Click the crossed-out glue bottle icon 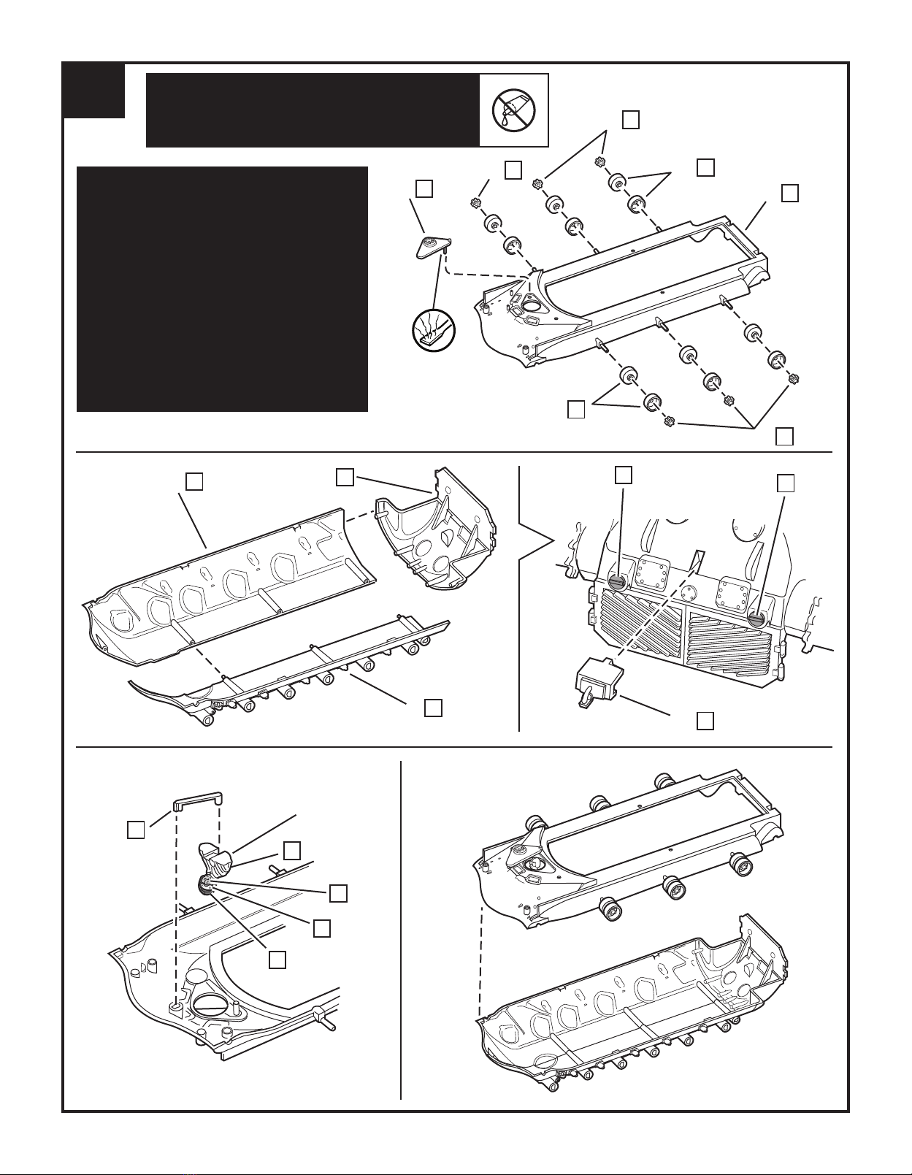[513, 110]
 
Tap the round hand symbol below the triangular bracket [433, 330]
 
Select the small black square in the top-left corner [93, 91]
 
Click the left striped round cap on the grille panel [617, 581]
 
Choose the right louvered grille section [731, 647]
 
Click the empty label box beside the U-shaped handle [135, 830]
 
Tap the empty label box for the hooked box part [705, 721]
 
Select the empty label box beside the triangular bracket [424, 188]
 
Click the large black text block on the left [222, 289]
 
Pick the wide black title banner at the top [313, 110]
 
